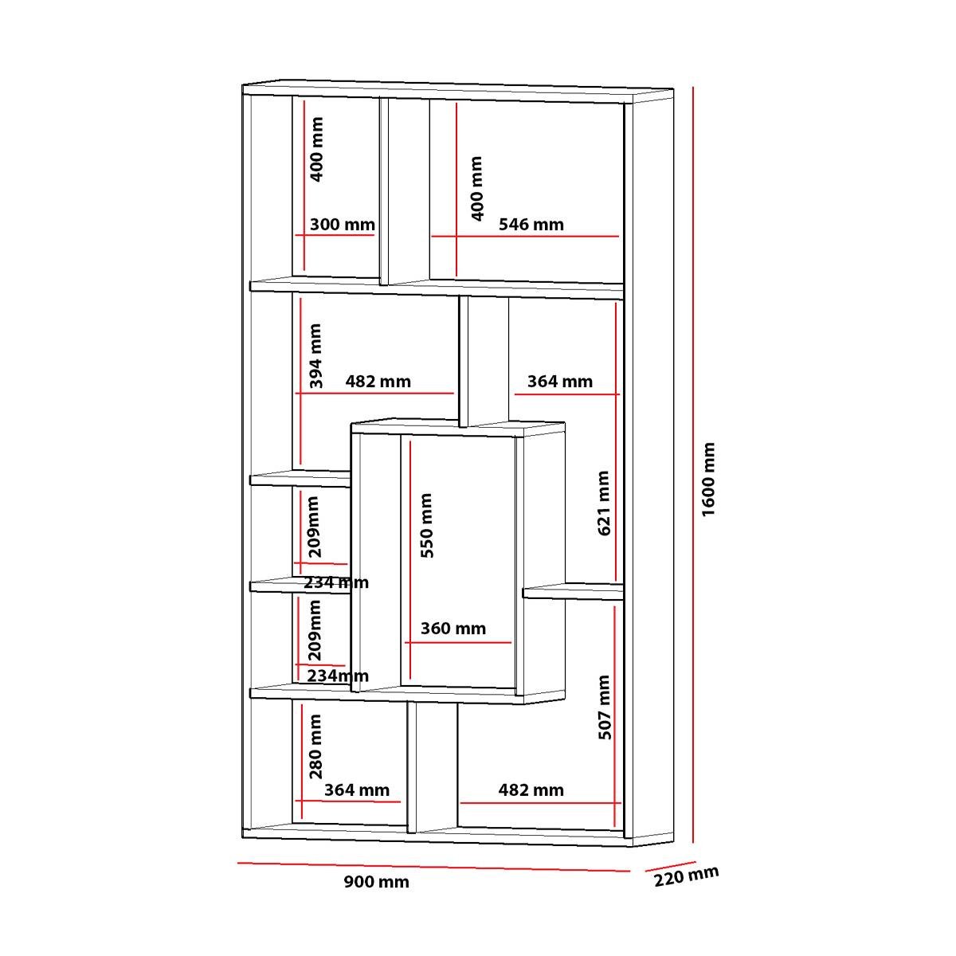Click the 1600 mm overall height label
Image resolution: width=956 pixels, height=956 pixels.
point(708,480)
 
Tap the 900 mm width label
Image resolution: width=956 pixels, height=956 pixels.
point(377,882)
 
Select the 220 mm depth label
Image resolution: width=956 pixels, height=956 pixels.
point(686,876)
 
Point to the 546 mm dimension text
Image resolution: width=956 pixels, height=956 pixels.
point(531,225)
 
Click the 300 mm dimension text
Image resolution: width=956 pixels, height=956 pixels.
point(343,225)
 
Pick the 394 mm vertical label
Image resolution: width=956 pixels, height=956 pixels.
point(315,355)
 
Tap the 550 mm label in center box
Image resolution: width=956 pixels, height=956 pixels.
point(427,525)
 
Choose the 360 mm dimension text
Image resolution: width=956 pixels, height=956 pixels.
point(453,629)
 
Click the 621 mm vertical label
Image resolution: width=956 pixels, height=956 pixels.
point(603,503)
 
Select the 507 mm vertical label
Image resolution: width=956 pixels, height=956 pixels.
point(604,707)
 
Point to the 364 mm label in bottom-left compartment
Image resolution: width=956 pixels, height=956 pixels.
point(357,789)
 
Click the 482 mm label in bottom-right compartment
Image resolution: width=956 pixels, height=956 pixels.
point(531,789)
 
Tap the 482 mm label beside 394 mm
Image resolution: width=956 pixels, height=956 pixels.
point(378,382)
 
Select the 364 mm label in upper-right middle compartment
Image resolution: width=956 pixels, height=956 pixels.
point(560,382)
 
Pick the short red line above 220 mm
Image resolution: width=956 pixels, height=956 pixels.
point(671,866)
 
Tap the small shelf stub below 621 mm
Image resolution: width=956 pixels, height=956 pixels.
point(573,591)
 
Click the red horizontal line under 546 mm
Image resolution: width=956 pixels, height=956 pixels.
point(525,236)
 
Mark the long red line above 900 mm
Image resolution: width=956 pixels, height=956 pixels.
point(433,867)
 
